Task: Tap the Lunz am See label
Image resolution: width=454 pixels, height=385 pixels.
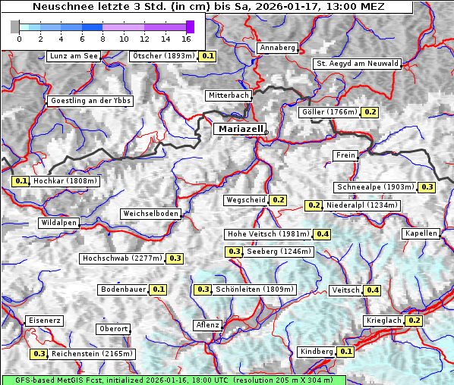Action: (x=74, y=56)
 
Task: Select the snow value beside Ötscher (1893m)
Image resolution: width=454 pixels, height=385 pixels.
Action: (x=208, y=56)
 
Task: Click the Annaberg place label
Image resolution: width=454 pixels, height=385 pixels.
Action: (x=277, y=48)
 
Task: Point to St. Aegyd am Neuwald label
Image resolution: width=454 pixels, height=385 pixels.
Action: (x=358, y=64)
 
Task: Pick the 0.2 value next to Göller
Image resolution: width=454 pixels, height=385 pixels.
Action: (x=370, y=112)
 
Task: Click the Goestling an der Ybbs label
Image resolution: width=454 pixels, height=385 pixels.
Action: (x=90, y=101)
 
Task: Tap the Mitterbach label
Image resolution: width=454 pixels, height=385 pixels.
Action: (x=229, y=95)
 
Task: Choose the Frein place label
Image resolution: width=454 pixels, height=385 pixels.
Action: (x=345, y=155)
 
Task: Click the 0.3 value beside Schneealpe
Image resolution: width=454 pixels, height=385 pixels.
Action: (x=427, y=187)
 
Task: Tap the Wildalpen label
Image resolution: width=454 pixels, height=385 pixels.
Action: (x=58, y=223)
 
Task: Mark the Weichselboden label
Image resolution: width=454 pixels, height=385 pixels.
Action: (x=151, y=214)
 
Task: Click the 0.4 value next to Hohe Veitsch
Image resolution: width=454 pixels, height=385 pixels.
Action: (x=323, y=234)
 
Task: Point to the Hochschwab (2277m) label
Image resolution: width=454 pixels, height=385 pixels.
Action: (x=122, y=258)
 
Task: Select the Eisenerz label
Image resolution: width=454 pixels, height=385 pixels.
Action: (x=44, y=321)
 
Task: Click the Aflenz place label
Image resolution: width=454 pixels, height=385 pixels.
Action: (x=207, y=325)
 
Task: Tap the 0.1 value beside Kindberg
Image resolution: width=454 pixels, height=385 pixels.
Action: (x=345, y=352)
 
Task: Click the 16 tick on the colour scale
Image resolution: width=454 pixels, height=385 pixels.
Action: (x=186, y=38)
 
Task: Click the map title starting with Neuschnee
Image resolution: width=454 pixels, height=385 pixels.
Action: (x=208, y=7)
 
